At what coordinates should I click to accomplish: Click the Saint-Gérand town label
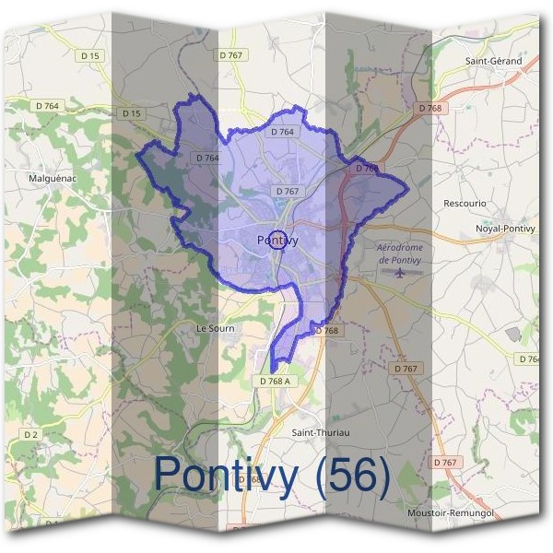(493, 61)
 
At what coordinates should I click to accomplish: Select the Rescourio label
(465, 203)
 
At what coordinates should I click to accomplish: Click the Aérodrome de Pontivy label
(399, 253)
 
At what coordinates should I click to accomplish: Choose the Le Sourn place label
(216, 328)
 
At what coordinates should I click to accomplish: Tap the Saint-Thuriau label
(321, 432)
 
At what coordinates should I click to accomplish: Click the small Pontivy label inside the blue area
(277, 240)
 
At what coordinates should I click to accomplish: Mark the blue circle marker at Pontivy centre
(277, 240)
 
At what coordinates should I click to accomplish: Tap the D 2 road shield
(31, 433)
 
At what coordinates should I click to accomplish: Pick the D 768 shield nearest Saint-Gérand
(429, 108)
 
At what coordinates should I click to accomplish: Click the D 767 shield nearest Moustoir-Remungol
(444, 462)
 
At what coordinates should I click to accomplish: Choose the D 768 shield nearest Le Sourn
(327, 330)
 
